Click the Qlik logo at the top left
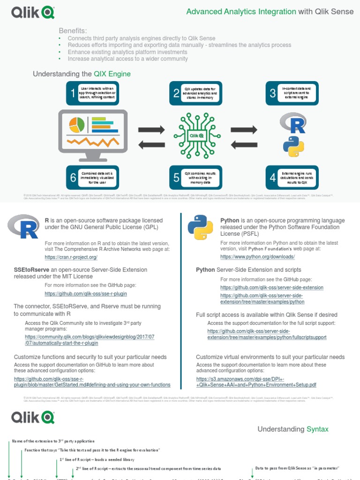tap(31, 12)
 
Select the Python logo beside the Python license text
tap(200, 227)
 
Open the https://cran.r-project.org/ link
tap(71, 257)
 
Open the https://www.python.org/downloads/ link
tap(257, 257)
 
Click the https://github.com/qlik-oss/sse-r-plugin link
tap(86, 293)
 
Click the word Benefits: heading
tap(73, 30)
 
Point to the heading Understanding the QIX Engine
tap(82, 74)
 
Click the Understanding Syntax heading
tap(293, 429)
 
